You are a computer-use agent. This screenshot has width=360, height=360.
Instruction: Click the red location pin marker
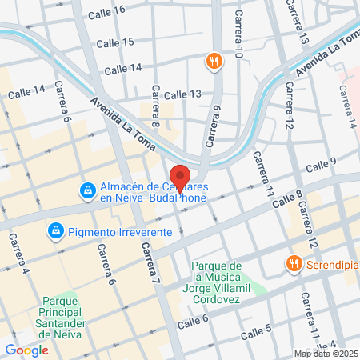180,177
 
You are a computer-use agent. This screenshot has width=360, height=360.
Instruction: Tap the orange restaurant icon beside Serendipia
294,263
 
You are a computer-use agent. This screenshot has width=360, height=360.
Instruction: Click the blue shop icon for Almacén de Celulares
86,190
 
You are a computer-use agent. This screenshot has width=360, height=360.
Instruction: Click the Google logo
26,350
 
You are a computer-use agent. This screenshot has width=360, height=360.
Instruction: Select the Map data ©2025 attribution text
325,354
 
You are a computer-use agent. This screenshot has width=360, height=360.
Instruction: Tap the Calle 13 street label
182,94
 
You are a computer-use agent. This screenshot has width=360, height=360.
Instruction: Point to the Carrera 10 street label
238,35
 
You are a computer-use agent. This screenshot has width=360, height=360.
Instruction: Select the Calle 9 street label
322,166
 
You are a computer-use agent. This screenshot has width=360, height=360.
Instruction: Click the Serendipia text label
330,263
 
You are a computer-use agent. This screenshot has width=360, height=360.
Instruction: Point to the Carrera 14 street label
346,107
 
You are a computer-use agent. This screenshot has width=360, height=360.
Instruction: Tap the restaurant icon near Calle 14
214,61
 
